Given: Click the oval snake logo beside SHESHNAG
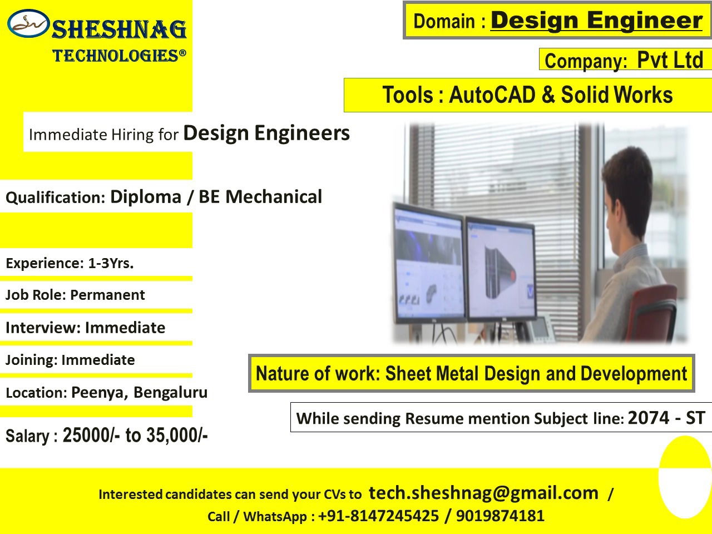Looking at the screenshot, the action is coord(28,23).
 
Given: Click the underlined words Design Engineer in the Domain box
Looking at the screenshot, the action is coord(596,21).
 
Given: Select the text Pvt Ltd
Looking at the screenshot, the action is coord(670,60).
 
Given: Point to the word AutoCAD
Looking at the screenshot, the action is coord(492,95).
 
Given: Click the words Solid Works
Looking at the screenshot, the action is coord(617,95).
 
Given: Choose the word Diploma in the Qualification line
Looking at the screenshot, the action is coord(146,197).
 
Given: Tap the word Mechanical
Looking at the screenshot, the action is coord(274,196).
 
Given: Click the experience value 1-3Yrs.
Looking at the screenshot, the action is coord(111,263).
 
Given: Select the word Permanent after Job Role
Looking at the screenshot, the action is coord(107,295).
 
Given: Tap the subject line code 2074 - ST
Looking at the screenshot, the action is coord(666,417).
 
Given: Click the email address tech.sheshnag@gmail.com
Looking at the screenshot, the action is coord(483,493).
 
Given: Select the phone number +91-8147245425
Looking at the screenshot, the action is coord(379,516).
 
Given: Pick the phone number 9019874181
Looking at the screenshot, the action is coord(500,516).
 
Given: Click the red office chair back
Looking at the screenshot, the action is coord(652,312).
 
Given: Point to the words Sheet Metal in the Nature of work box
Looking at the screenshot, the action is coord(432,373).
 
